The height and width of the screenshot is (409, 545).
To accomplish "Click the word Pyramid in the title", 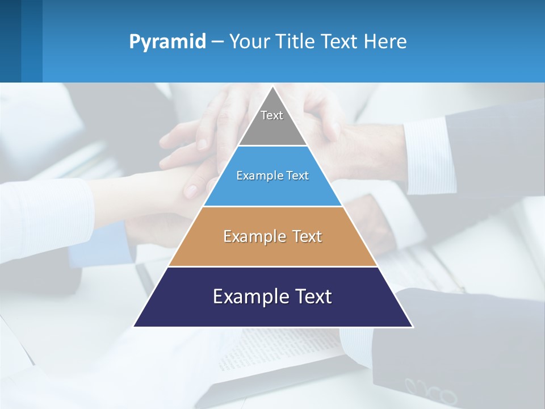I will (x=167, y=42).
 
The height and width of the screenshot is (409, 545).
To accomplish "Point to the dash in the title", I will (x=217, y=42).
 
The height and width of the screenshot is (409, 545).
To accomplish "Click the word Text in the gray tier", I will (x=272, y=115).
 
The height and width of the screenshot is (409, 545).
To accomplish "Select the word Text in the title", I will (x=339, y=42).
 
